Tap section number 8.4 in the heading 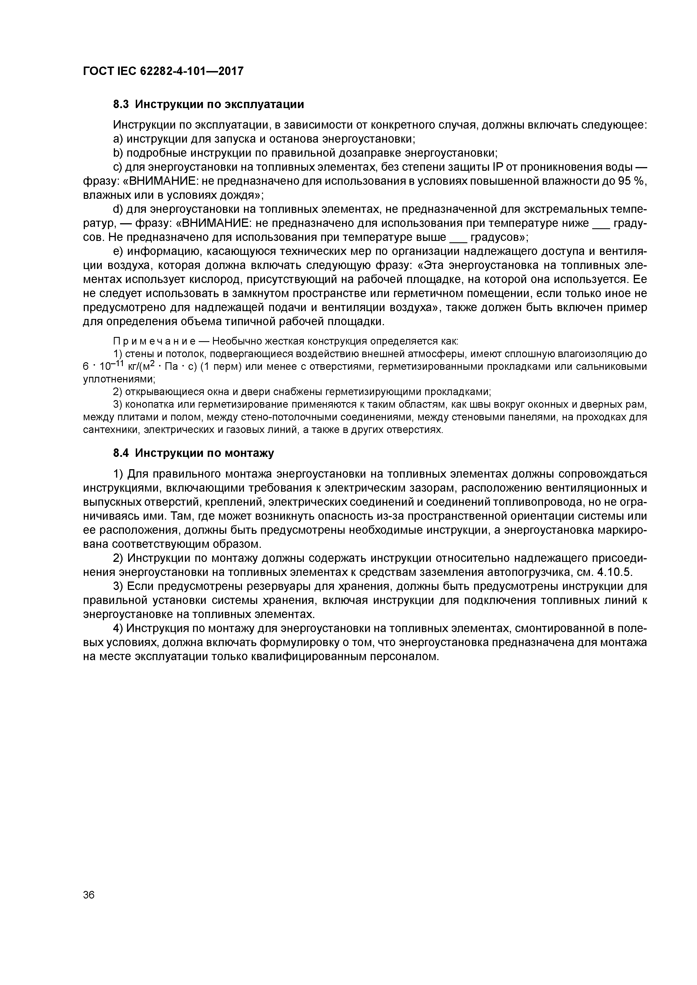click(x=121, y=453)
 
